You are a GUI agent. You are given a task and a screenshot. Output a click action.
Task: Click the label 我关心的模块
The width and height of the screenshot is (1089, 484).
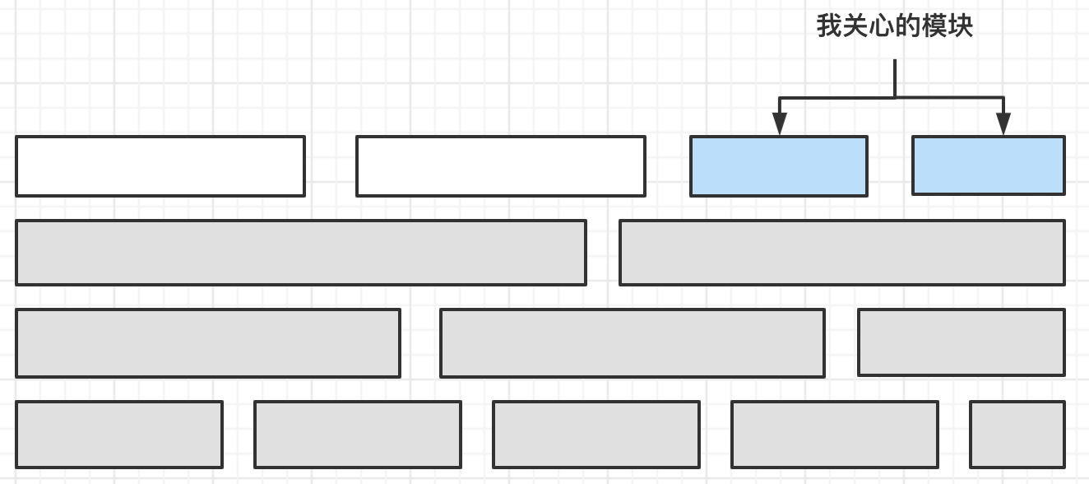[895, 26]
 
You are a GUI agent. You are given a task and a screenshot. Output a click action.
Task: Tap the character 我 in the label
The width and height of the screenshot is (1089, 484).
[829, 26]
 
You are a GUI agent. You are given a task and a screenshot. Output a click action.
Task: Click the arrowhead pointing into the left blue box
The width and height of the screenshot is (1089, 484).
[779, 123]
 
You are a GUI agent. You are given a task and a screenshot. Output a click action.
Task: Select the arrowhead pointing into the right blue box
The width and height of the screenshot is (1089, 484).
[1003, 123]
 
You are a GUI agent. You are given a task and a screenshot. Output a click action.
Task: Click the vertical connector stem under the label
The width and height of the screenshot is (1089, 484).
[895, 79]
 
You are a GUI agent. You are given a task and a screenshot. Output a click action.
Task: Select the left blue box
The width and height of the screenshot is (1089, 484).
[779, 166]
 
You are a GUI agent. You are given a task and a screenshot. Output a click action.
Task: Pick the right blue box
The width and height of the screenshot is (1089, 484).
[989, 165]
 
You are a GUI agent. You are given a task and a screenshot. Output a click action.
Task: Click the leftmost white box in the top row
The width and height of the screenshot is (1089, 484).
[160, 166]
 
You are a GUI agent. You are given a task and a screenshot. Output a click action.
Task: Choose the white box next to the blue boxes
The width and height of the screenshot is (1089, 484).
[501, 166]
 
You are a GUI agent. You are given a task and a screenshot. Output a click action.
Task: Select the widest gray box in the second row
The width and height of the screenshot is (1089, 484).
[301, 253]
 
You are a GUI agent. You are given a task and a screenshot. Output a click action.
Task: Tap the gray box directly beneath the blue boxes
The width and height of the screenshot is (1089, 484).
[842, 253]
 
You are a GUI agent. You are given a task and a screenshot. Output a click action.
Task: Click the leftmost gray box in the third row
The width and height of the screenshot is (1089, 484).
[208, 343]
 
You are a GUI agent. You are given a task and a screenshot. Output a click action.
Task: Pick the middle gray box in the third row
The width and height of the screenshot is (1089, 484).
[633, 343]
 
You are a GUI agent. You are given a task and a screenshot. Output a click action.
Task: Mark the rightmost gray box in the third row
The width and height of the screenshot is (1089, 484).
[962, 342]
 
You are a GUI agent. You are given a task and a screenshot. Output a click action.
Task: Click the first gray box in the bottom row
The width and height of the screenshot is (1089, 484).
[119, 435]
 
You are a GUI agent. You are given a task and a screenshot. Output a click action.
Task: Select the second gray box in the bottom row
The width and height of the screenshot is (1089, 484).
[358, 435]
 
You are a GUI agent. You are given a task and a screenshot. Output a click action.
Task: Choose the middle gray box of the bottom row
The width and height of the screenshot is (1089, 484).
[596, 435]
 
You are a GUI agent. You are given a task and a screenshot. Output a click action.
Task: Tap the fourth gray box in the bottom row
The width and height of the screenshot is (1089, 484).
[835, 435]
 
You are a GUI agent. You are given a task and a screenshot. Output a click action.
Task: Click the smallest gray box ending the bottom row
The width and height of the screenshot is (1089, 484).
[1017, 435]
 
